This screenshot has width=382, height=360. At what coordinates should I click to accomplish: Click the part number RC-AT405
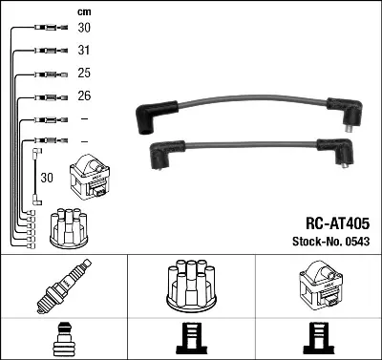tap(337, 223)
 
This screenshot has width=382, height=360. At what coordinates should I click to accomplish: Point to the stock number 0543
tap(357, 242)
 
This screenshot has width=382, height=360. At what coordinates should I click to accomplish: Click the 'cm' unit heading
tap(84, 12)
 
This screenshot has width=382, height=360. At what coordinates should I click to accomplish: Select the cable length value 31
tap(84, 50)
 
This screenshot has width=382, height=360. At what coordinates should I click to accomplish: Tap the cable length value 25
tap(84, 73)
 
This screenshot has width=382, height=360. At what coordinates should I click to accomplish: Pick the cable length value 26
tap(84, 95)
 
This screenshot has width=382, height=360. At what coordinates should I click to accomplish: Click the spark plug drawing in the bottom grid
tap(64, 286)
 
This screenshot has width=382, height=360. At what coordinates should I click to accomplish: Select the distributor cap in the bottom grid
tap(191, 286)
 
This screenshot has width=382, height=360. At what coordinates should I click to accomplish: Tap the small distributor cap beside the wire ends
tap(69, 227)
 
